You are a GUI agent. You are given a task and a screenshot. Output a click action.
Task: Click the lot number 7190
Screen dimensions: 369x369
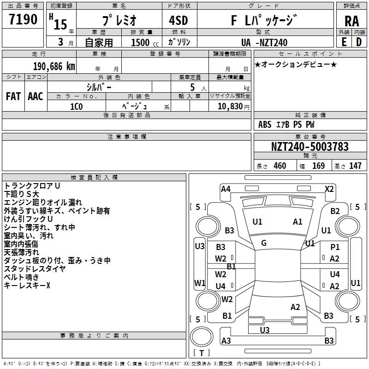(x=23, y=19)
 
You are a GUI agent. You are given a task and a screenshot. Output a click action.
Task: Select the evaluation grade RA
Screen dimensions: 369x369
(x=352, y=21)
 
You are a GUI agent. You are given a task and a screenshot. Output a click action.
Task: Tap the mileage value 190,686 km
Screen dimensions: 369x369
(x=54, y=66)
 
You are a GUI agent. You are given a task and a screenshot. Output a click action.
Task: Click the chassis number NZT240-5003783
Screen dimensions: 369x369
(x=309, y=147)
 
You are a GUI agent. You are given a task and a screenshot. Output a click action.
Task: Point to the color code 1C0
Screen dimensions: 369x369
(x=77, y=107)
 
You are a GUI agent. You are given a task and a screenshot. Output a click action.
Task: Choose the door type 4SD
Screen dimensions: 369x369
(x=179, y=20)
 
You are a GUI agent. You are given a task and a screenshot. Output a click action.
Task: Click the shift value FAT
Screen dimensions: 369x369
(x=13, y=96)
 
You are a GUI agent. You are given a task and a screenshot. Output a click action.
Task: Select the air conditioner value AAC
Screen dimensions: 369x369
(x=36, y=96)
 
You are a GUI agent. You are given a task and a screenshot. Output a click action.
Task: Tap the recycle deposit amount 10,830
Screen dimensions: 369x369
(x=230, y=107)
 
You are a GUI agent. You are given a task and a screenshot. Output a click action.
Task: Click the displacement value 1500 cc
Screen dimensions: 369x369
(x=145, y=42)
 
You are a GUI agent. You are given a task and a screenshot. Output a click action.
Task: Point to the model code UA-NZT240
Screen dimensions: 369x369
(x=264, y=42)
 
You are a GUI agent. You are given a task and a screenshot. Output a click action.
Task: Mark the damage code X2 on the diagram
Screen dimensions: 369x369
(x=329, y=189)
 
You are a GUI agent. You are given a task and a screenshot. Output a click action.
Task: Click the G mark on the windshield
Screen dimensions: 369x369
(x=264, y=243)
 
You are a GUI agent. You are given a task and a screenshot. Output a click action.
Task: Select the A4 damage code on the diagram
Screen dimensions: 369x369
(x=226, y=189)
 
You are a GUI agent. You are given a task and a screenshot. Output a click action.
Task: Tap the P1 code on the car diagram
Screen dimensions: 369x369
(x=335, y=247)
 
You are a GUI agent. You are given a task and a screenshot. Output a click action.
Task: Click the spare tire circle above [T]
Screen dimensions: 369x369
(x=202, y=337)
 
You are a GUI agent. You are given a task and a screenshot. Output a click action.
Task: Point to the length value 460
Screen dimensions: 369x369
(x=280, y=166)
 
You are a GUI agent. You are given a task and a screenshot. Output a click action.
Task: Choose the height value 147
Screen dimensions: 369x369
(x=355, y=166)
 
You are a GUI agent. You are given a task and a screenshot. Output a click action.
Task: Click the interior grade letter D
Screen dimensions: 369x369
(x=359, y=42)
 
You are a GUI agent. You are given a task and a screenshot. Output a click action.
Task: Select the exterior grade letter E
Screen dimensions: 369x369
(x=344, y=42)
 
